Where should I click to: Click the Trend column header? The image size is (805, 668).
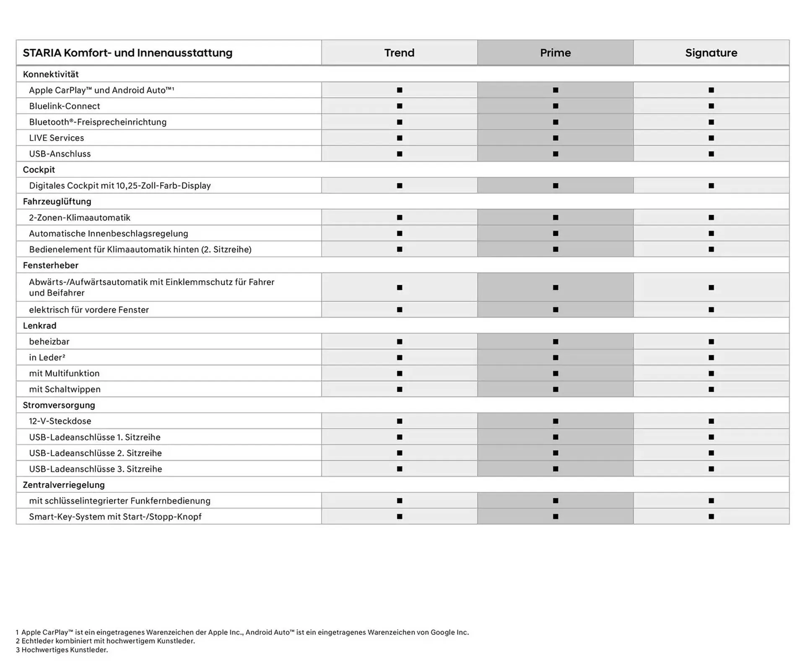click(399, 53)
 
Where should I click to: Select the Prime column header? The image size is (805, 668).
click(555, 53)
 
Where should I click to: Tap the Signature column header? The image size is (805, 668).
click(711, 53)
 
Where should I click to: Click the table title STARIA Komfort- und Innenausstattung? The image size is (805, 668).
click(127, 53)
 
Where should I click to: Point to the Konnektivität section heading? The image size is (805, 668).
click(51, 74)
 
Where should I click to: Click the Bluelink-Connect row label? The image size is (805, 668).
click(65, 106)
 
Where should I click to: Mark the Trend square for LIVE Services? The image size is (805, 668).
click(400, 138)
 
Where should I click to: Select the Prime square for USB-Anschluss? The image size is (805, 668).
click(556, 154)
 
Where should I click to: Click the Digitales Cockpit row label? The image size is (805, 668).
click(120, 186)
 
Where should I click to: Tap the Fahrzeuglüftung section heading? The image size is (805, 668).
click(57, 202)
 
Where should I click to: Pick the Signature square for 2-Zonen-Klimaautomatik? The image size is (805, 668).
click(711, 218)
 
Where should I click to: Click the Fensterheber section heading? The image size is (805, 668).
click(51, 265)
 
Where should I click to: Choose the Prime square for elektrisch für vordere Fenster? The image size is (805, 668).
click(556, 310)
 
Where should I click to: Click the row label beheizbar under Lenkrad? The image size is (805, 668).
click(49, 342)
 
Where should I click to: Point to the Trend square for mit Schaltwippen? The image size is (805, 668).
click(400, 390)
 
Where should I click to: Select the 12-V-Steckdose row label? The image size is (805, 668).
click(60, 421)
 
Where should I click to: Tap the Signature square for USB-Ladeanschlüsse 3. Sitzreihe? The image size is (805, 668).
click(711, 469)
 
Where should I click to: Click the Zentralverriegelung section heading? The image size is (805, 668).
click(64, 485)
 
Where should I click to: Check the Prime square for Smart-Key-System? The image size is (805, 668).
click(556, 517)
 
